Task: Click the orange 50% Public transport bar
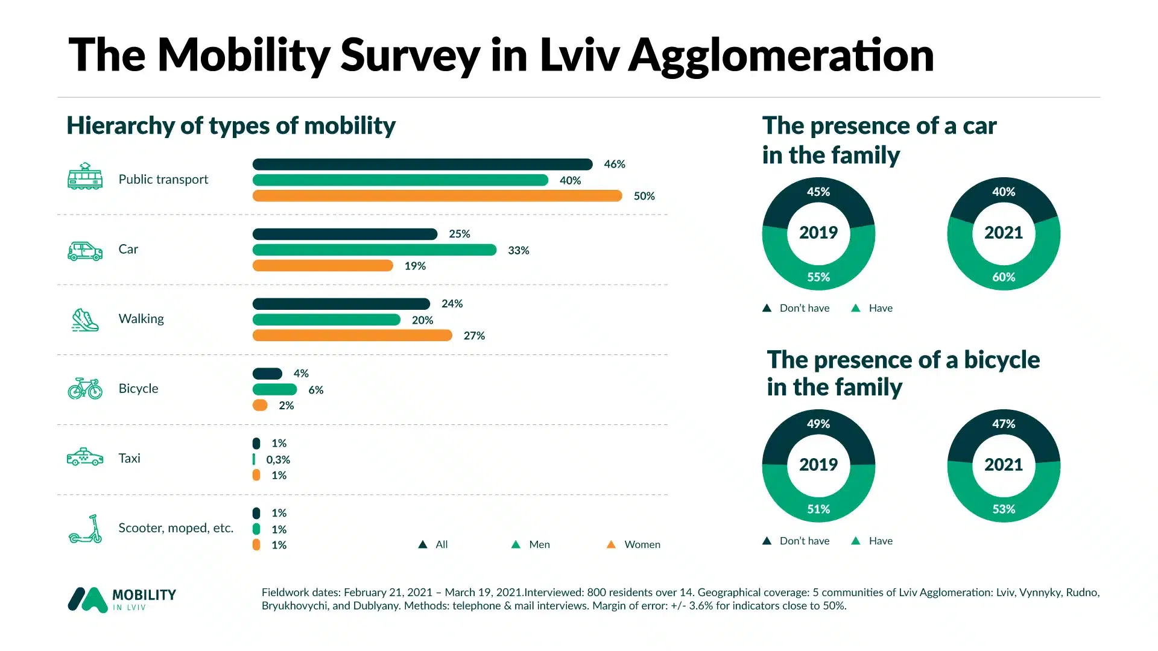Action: click(x=437, y=196)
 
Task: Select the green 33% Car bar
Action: click(x=374, y=250)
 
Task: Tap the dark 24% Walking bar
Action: click(x=341, y=304)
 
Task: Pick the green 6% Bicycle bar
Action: click(x=274, y=389)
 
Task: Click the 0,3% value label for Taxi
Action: click(x=278, y=459)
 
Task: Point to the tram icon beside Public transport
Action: click(x=84, y=177)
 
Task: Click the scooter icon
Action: click(x=85, y=529)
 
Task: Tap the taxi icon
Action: click(x=84, y=457)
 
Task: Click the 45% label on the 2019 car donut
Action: click(x=818, y=192)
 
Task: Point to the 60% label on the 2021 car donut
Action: click(x=1004, y=277)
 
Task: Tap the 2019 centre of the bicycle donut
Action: click(x=818, y=465)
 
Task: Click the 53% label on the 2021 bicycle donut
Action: click(x=1004, y=509)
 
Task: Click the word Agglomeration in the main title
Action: click(x=782, y=55)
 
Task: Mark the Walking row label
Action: click(x=141, y=319)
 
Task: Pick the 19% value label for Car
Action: click(x=415, y=266)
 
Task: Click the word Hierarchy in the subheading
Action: click(x=120, y=125)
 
